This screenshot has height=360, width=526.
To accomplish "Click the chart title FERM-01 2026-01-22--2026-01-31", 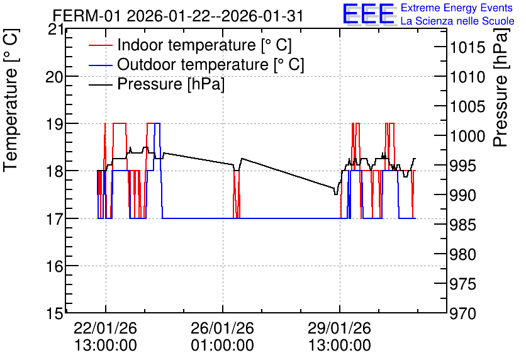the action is point(178,16).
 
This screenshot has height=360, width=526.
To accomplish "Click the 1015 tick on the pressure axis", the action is point(463,47).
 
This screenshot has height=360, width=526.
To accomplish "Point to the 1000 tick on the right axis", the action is point(463,136).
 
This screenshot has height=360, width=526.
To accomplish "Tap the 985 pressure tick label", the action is point(463,225).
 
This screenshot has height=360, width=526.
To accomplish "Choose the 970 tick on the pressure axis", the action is point(463,313).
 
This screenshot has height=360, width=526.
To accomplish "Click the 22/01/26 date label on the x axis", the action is point(106,328).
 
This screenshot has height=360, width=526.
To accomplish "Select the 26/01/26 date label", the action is point(222,328).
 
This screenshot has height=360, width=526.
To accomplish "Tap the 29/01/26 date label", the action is point(340,328).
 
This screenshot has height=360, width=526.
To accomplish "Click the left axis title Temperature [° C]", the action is point(11,100).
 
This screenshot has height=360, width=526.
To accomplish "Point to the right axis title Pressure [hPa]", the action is point(501,88).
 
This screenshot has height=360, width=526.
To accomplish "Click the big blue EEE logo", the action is point(369,14).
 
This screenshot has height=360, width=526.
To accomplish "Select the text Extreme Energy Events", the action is point(457,8).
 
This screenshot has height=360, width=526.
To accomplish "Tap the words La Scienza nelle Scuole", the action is point(457,21).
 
